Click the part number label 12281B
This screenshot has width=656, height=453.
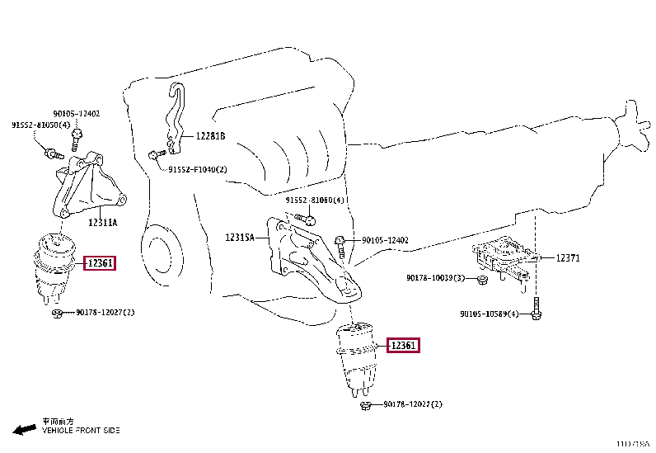(210, 136)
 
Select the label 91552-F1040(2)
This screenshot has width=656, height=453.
(198, 170)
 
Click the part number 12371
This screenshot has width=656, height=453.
(568, 257)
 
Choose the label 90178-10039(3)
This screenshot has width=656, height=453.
(435, 278)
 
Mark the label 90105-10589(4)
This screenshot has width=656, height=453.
(490, 314)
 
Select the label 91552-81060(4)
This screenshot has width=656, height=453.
(316, 201)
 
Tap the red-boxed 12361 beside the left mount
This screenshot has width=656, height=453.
(101, 263)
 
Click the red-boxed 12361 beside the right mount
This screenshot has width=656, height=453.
(404, 346)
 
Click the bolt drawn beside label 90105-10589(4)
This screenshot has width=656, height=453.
(536, 312)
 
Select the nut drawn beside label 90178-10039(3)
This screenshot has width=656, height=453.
(483, 279)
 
